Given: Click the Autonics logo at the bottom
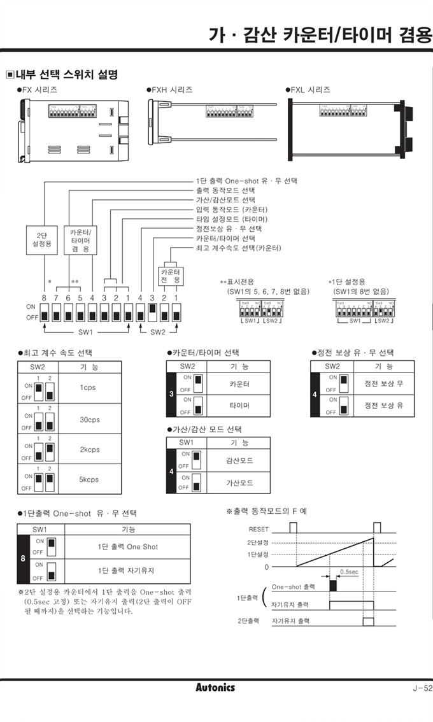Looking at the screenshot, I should click(x=215, y=687).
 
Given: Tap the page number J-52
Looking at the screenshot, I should click(x=422, y=688).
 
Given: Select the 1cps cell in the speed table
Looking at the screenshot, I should click(x=89, y=388).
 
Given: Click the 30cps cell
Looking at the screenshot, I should click(x=89, y=420).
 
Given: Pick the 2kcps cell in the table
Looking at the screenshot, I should click(x=89, y=449).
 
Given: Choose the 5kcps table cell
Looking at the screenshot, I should click(x=89, y=479).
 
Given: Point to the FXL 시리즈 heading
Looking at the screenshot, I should click(x=310, y=90).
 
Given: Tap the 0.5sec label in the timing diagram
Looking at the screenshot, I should click(x=348, y=572).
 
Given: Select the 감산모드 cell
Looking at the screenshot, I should click(x=239, y=460).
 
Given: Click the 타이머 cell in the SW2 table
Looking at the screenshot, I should click(x=239, y=405).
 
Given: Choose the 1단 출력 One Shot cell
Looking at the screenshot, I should click(x=128, y=547).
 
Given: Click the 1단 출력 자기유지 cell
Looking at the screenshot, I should click(x=127, y=570).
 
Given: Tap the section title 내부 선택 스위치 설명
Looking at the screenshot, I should click(x=66, y=74).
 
